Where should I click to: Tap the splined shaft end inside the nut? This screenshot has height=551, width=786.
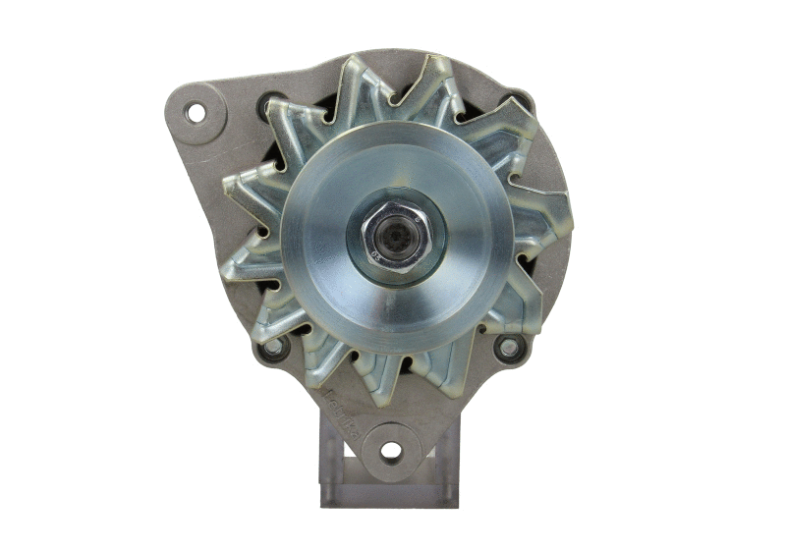point(394,237)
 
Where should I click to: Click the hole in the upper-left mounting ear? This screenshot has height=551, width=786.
point(196,112)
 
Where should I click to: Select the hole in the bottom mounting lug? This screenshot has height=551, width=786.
point(391,451)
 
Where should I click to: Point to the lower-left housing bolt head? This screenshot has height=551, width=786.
point(274,347)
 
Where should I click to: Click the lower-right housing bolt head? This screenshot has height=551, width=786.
point(508,346)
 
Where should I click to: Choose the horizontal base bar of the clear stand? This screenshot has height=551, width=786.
point(389,495)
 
